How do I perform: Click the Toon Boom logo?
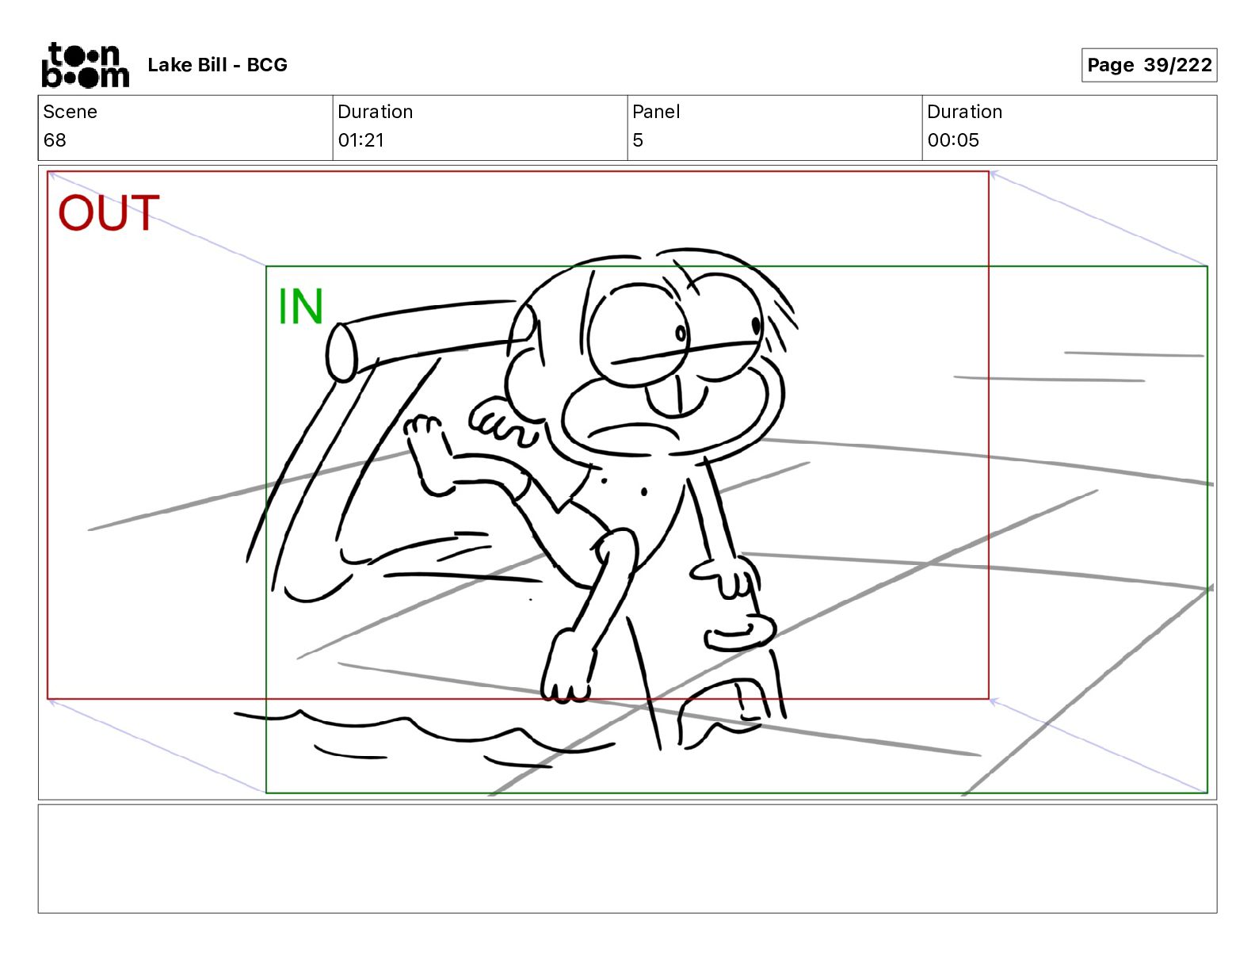click(86, 65)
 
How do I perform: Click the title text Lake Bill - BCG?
click(217, 65)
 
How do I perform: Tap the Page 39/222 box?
click(1149, 65)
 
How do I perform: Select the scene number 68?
click(55, 139)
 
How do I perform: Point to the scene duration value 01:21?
click(361, 139)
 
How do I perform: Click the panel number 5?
click(638, 139)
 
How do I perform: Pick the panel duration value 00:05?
click(953, 139)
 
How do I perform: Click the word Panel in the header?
click(656, 112)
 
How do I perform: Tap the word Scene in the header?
click(70, 112)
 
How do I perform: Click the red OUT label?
click(108, 212)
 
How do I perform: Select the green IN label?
click(300, 306)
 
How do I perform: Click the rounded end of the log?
click(342, 353)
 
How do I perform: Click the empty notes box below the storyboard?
click(627, 858)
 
